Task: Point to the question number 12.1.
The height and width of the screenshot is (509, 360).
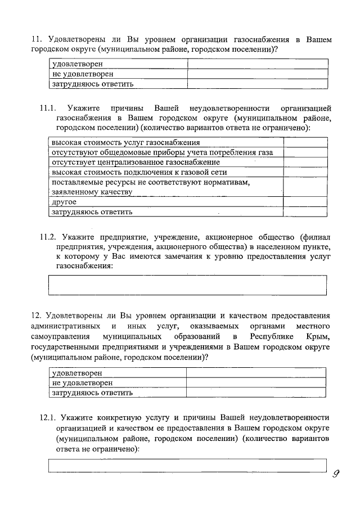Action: (48, 418)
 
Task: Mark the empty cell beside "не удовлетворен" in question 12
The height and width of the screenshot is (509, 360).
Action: (255, 383)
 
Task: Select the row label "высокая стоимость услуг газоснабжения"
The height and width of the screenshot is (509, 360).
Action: (125, 142)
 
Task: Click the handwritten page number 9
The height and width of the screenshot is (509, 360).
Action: (337, 474)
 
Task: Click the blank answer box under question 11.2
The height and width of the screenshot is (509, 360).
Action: (187, 285)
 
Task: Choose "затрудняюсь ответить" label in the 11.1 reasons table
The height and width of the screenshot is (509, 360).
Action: (92, 212)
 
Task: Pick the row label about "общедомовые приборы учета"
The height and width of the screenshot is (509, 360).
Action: (162, 152)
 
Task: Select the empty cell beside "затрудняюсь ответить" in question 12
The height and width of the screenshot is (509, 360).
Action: (255, 393)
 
